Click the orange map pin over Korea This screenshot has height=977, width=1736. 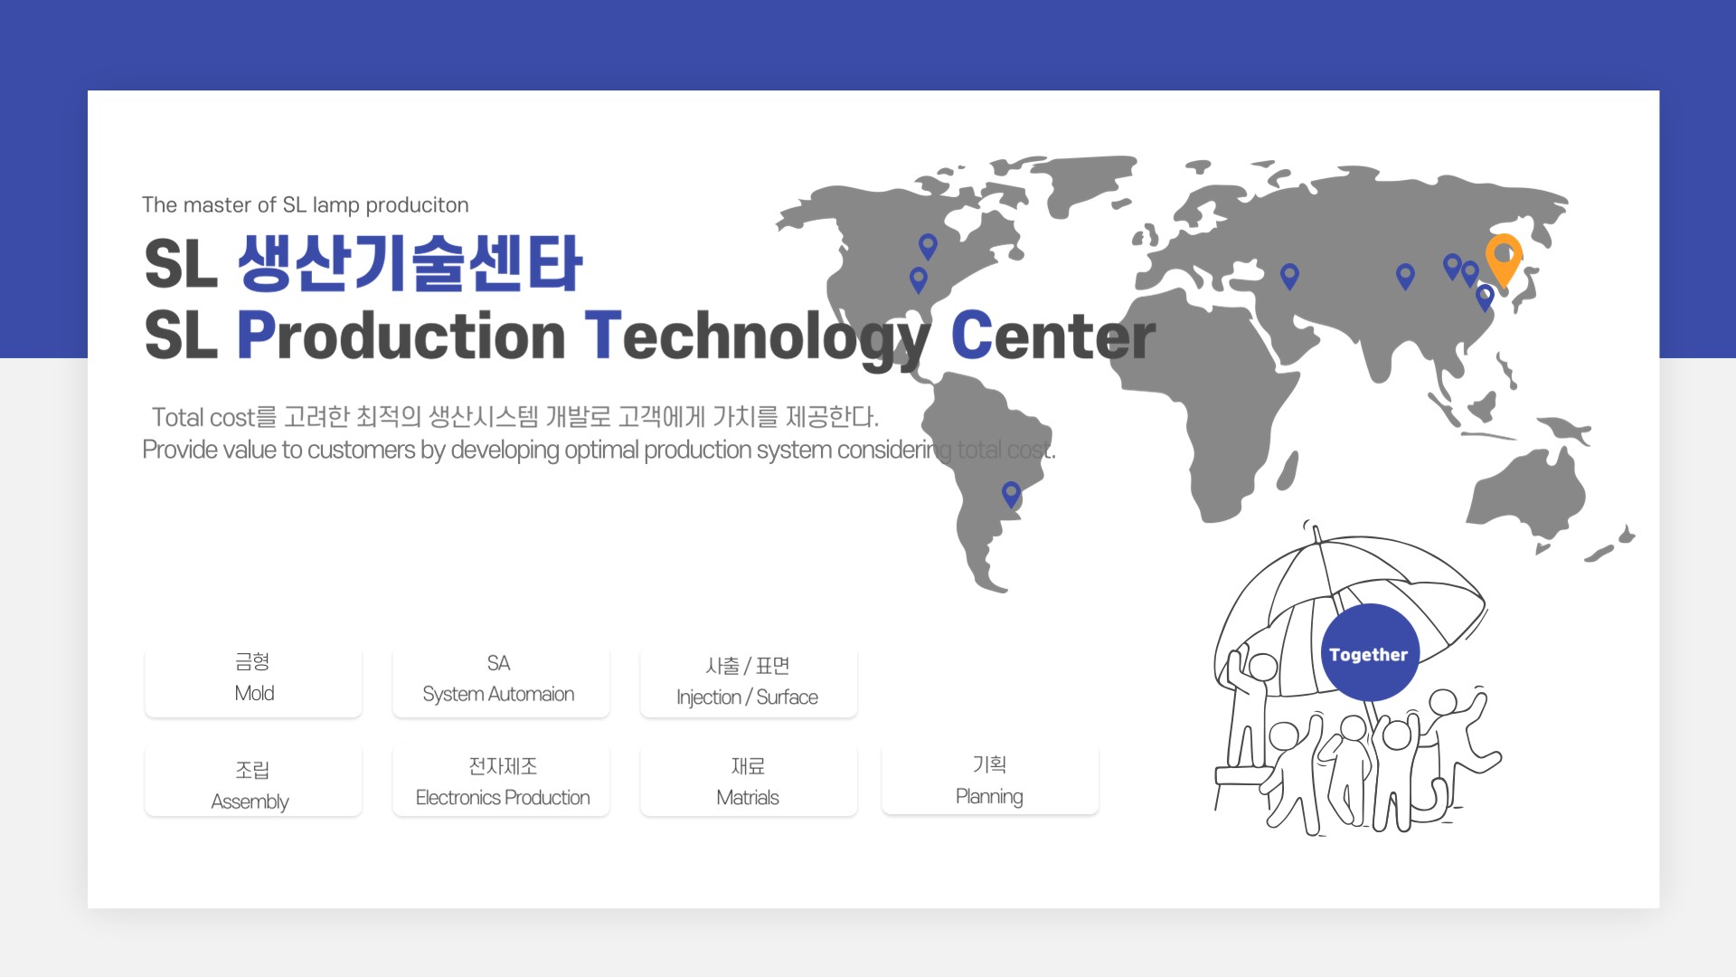(1504, 259)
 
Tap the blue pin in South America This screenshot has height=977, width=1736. (1011, 494)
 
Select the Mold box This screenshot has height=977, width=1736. (253, 679)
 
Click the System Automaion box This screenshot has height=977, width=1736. (501, 679)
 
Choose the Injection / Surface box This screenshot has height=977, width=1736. (749, 681)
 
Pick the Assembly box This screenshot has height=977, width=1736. (253, 782)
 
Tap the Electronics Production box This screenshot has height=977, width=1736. (501, 782)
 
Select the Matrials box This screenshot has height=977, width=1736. (749, 782)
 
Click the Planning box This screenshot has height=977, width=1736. (990, 780)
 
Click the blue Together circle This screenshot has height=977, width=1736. (1369, 653)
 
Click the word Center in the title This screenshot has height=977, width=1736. (1053, 336)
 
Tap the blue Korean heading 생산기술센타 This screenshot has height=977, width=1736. (410, 263)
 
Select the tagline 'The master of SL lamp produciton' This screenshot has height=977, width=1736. (305, 205)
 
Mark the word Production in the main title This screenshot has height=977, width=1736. (401, 336)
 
